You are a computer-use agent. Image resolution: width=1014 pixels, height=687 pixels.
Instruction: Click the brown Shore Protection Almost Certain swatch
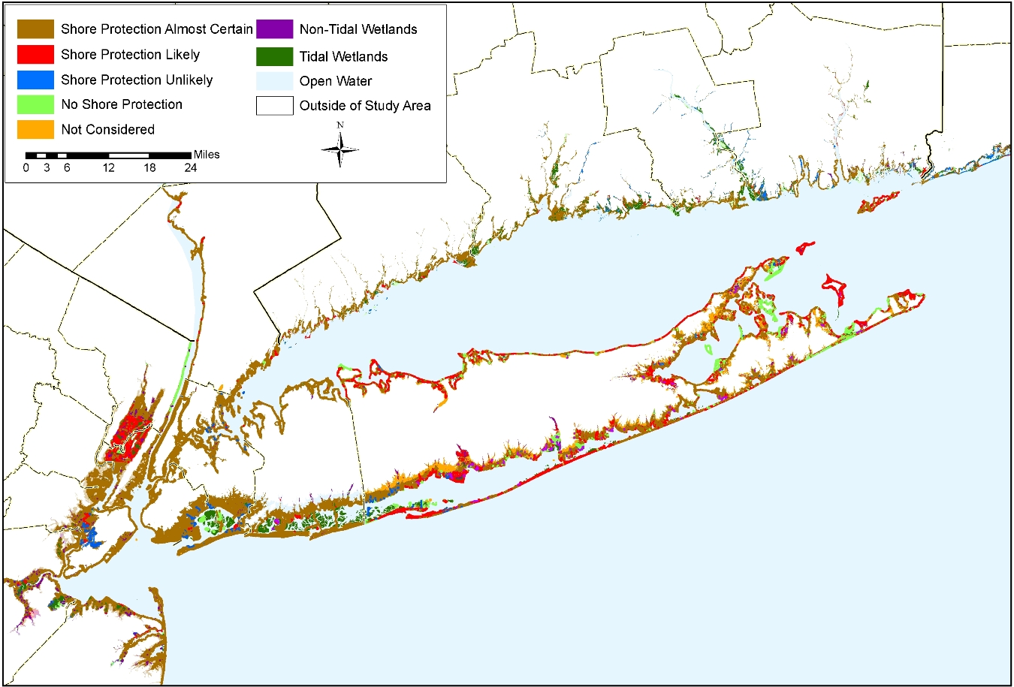point(35,29)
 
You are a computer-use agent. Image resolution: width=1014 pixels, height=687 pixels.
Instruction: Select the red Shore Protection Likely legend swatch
point(35,54)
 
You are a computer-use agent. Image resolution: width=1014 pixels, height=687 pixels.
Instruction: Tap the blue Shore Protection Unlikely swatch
point(35,80)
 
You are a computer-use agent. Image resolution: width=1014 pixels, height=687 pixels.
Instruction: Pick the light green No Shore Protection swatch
point(35,104)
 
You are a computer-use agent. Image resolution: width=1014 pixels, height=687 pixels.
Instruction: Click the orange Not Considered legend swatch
point(35,129)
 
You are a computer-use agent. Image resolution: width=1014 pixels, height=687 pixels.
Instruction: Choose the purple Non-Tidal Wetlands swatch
point(274,29)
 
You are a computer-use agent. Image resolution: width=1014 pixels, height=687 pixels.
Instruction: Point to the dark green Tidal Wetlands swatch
point(274,56)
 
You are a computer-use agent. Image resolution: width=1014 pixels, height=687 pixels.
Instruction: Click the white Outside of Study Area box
point(274,106)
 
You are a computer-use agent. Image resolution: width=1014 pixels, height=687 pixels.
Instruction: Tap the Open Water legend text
point(335,81)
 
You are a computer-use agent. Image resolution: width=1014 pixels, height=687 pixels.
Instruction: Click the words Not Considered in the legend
point(107,129)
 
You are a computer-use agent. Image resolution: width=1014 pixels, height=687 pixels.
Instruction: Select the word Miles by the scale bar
point(207,155)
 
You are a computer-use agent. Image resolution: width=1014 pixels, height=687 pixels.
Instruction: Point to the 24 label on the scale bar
point(191,167)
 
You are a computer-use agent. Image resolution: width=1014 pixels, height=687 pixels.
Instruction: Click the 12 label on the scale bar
point(109,167)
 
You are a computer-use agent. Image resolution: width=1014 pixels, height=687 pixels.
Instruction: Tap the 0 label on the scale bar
point(26,167)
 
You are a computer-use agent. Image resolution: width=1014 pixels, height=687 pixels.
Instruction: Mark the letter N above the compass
point(340,125)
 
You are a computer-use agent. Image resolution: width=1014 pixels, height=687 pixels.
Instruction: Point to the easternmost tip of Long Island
point(923,297)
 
